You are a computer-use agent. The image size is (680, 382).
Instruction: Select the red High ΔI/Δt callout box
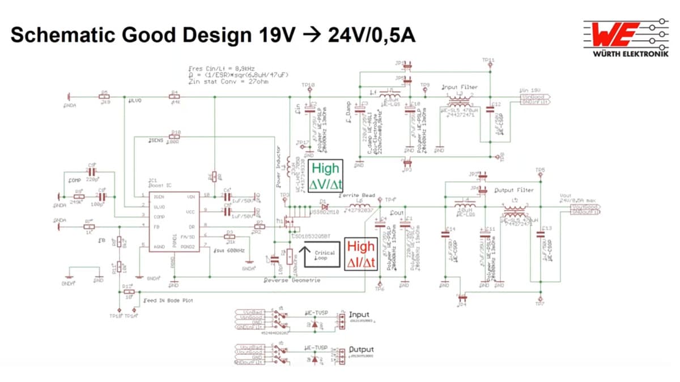pos(360,253)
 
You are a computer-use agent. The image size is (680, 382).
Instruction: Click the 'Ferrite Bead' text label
pos(357,195)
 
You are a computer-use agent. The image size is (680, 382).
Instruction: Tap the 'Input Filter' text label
pos(460,87)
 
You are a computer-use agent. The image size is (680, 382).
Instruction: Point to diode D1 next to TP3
pos(323,207)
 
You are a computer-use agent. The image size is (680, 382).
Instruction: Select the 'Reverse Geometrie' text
pos(292,280)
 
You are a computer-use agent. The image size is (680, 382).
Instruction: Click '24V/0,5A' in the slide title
pos(372,35)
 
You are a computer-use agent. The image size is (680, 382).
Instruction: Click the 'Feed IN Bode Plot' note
pos(168,301)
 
